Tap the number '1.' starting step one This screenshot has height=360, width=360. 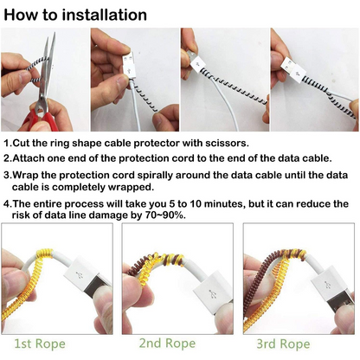pos(9,144)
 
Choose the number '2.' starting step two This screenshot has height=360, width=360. pos(9,158)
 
